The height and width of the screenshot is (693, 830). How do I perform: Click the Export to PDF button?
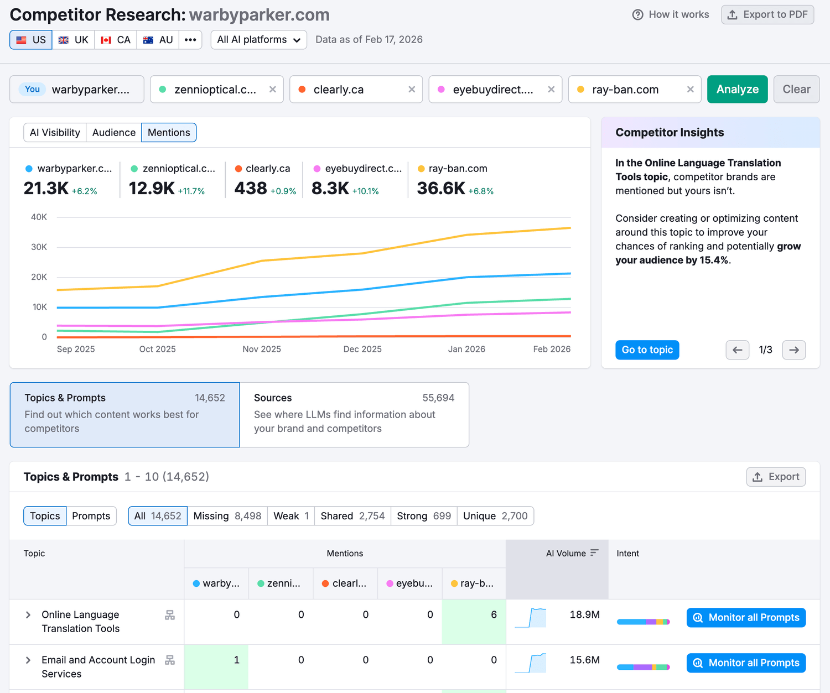(767, 15)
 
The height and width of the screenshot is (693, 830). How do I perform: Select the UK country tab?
(74, 40)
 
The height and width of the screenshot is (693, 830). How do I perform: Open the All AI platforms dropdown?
(258, 40)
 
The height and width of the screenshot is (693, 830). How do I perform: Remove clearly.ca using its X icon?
(412, 90)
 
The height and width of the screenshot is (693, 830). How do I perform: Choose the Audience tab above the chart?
(113, 133)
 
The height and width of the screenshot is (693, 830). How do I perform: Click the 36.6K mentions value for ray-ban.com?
(441, 189)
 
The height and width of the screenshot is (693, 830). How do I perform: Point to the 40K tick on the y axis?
(39, 217)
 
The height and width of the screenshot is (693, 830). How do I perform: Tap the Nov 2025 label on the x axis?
(262, 349)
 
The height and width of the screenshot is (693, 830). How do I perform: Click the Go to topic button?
(647, 350)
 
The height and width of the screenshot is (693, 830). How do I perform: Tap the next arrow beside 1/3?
(793, 350)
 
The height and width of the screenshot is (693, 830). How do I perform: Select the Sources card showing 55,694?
(354, 414)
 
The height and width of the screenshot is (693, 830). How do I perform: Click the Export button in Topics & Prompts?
(776, 477)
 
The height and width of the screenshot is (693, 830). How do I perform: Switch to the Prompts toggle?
(91, 516)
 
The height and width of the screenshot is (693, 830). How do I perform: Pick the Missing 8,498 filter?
(227, 516)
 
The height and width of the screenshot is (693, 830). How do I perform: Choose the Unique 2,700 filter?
(495, 516)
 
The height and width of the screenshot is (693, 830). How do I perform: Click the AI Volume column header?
(566, 554)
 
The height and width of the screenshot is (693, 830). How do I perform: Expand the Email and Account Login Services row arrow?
(28, 660)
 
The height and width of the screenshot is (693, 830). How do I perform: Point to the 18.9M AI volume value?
(584, 615)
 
